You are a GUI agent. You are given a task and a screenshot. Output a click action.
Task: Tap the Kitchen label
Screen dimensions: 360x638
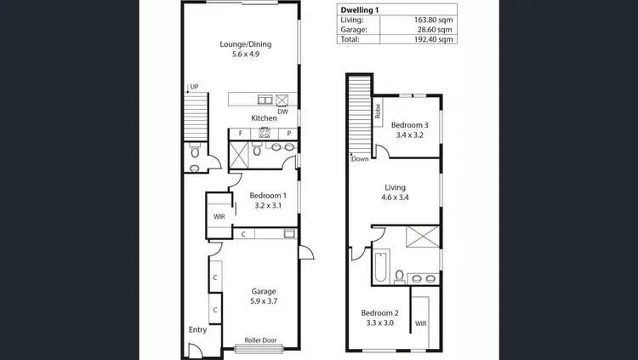pos(263,117)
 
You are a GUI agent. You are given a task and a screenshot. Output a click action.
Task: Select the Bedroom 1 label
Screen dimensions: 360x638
pos(267,195)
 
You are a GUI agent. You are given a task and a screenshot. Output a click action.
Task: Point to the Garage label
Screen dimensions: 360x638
pos(263,292)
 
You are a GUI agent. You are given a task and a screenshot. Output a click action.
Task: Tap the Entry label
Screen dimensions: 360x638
pos(197,329)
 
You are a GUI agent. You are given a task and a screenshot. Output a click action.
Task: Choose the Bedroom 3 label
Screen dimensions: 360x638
pos(410,125)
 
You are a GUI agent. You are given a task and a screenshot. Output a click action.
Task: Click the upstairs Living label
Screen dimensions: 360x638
pos(395,187)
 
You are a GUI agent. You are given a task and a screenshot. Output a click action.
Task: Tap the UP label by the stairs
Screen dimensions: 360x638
pos(194,87)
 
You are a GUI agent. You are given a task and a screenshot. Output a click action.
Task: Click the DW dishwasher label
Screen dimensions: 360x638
pos(283,111)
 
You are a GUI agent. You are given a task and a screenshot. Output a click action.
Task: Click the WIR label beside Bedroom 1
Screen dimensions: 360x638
pos(219,216)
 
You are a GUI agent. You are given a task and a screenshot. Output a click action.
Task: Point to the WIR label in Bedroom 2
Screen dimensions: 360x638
pos(420,323)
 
